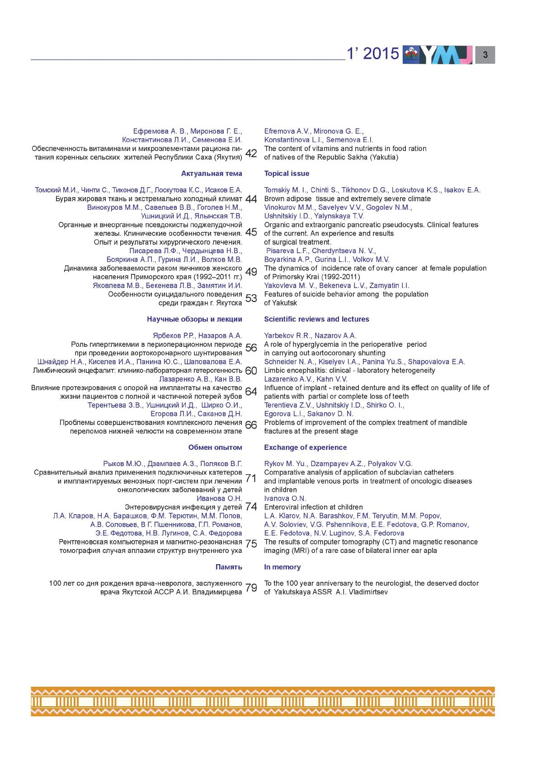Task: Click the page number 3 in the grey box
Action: pyautogui.click(x=485, y=55)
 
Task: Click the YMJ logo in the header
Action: pyautogui.click(x=438, y=55)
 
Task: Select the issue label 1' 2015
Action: pyautogui.click(x=373, y=54)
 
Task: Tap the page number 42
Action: pyautogui.click(x=251, y=154)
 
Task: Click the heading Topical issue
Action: pyautogui.click(x=287, y=174)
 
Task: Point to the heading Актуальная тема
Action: pyautogui.click(x=212, y=174)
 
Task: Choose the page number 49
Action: pyautogui.click(x=251, y=272)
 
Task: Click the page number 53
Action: pyautogui.click(x=251, y=298)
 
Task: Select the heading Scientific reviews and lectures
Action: pyautogui.click(x=316, y=319)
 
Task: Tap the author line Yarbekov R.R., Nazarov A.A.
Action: pyautogui.click(x=310, y=335)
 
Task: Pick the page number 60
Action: pyautogui.click(x=251, y=371)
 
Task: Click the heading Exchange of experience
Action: pyautogui.click(x=305, y=448)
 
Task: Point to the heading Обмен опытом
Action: pyautogui.click(x=215, y=448)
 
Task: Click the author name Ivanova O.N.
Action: pyautogui.click(x=285, y=499)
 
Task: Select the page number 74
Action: pyautogui.click(x=251, y=507)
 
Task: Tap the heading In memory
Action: pyautogui.click(x=282, y=567)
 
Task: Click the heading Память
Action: pyautogui.click(x=229, y=567)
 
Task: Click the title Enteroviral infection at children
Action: pyautogui.click(x=313, y=507)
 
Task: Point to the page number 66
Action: pyautogui.click(x=251, y=425)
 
